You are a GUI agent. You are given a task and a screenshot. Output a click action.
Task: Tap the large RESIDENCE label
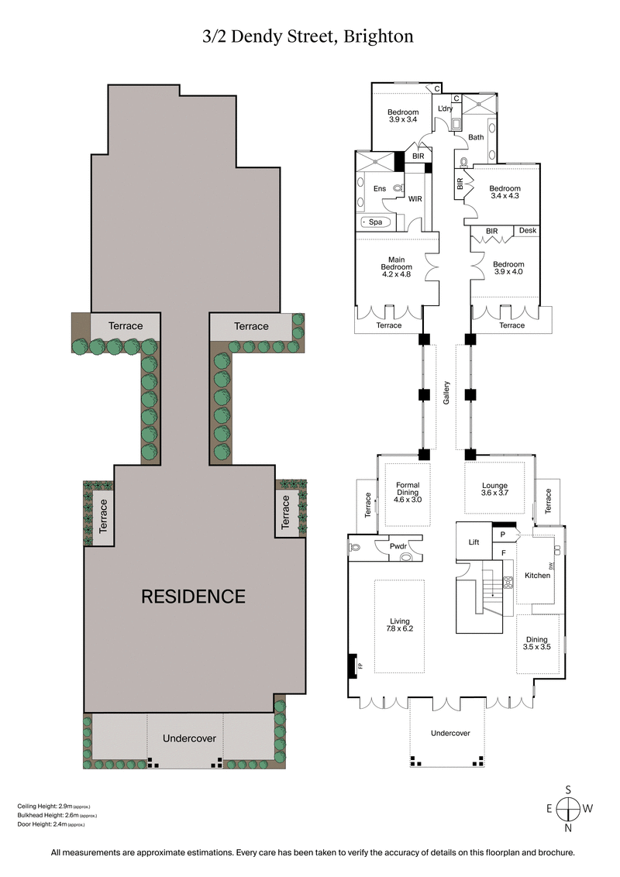(x=193, y=597)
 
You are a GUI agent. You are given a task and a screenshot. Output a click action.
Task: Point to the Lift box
(x=474, y=543)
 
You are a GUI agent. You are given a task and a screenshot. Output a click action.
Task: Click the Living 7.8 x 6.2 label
(x=400, y=625)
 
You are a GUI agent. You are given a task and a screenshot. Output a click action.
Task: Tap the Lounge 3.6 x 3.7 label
(x=495, y=490)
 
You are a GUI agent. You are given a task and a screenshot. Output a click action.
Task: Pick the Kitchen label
(x=536, y=576)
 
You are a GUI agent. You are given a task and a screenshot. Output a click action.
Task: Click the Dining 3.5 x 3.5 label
(x=536, y=642)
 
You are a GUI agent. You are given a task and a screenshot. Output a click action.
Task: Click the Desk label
(x=527, y=231)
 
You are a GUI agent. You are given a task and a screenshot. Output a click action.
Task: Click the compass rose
(x=569, y=809)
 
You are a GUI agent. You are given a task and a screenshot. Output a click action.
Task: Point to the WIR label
(x=415, y=199)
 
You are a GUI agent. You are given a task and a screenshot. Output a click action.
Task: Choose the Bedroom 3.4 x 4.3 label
(x=505, y=192)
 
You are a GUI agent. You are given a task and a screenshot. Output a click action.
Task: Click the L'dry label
(x=445, y=108)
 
